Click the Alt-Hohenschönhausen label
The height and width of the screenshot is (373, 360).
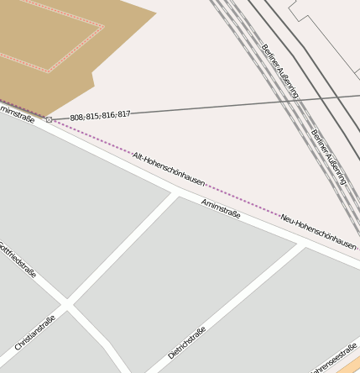(x=169, y=169)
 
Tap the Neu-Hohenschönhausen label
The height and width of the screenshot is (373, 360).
(x=318, y=230)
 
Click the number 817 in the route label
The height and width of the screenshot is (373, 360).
(x=123, y=113)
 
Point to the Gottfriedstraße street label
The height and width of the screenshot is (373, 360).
(x=18, y=260)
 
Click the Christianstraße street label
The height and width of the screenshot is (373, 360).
(x=35, y=333)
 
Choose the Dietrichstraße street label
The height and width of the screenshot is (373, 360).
(x=186, y=342)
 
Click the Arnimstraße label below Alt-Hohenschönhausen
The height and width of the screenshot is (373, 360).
(x=221, y=208)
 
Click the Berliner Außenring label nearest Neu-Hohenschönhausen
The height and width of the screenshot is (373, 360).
(x=328, y=156)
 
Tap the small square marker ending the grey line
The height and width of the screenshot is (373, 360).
(x=49, y=120)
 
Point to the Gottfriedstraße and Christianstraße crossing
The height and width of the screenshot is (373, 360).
(x=68, y=307)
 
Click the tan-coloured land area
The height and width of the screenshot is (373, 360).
(x=50, y=50)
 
